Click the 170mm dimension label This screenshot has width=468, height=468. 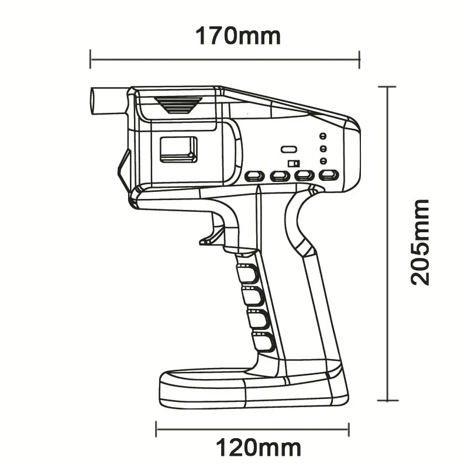click(238, 36)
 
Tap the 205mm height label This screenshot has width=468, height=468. click(419, 242)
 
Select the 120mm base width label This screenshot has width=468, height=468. click(259, 448)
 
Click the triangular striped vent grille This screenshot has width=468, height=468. click(178, 105)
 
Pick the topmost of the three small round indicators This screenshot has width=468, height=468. click(322, 136)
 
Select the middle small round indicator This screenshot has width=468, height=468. click(322, 149)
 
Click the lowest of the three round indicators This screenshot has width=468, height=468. click(322, 161)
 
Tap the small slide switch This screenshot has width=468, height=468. click(294, 163)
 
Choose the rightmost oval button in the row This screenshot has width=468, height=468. click(329, 175)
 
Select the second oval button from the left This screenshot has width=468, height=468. click(280, 175)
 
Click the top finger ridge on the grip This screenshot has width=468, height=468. click(248, 273)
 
